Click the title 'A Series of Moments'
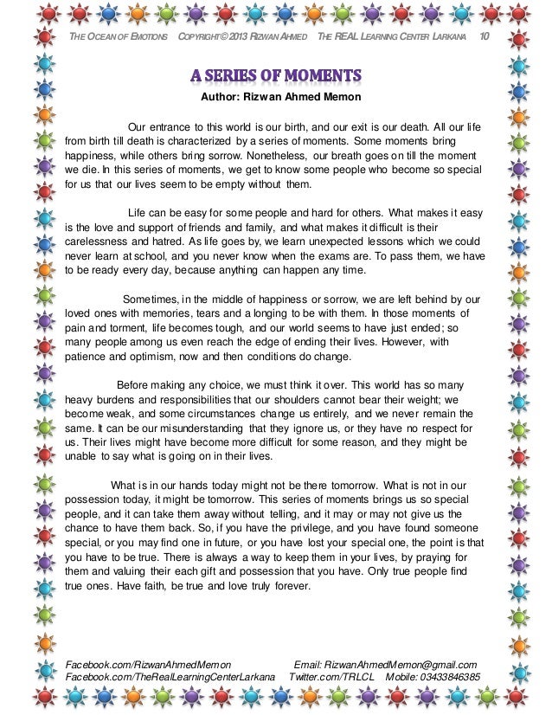[x=275, y=73]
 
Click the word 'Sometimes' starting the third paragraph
[x=152, y=300]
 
